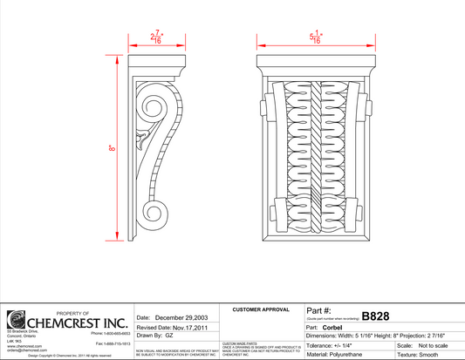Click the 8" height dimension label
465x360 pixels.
(x=113, y=149)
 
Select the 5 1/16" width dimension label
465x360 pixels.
(x=317, y=38)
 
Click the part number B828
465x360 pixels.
(x=376, y=316)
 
